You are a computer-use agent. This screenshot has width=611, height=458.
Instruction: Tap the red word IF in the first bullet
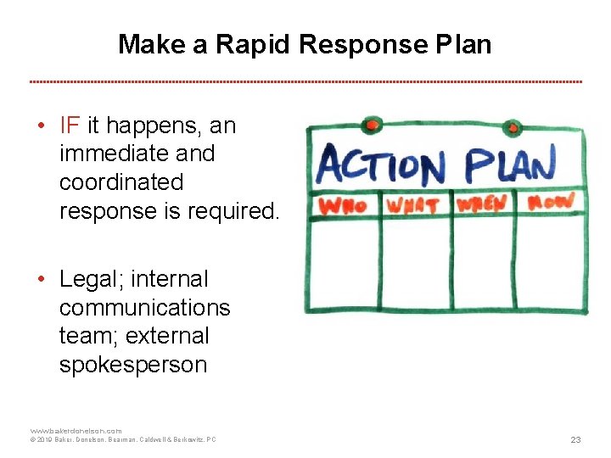point(70,126)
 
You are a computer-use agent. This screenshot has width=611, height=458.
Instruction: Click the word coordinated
point(121,182)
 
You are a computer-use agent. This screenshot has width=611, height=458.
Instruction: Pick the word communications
point(144,307)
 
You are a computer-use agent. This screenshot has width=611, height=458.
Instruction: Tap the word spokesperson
point(132,365)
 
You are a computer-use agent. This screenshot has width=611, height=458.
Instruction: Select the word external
point(166,336)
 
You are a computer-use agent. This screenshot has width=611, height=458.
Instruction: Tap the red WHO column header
point(342,205)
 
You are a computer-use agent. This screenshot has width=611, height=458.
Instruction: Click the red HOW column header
point(551,202)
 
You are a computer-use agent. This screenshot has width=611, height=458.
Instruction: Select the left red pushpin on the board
point(372,126)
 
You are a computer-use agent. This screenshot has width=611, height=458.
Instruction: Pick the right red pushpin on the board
point(513,128)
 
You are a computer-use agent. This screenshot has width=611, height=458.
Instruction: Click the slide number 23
point(575,439)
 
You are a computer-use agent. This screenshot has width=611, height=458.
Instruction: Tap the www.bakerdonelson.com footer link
point(76,431)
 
